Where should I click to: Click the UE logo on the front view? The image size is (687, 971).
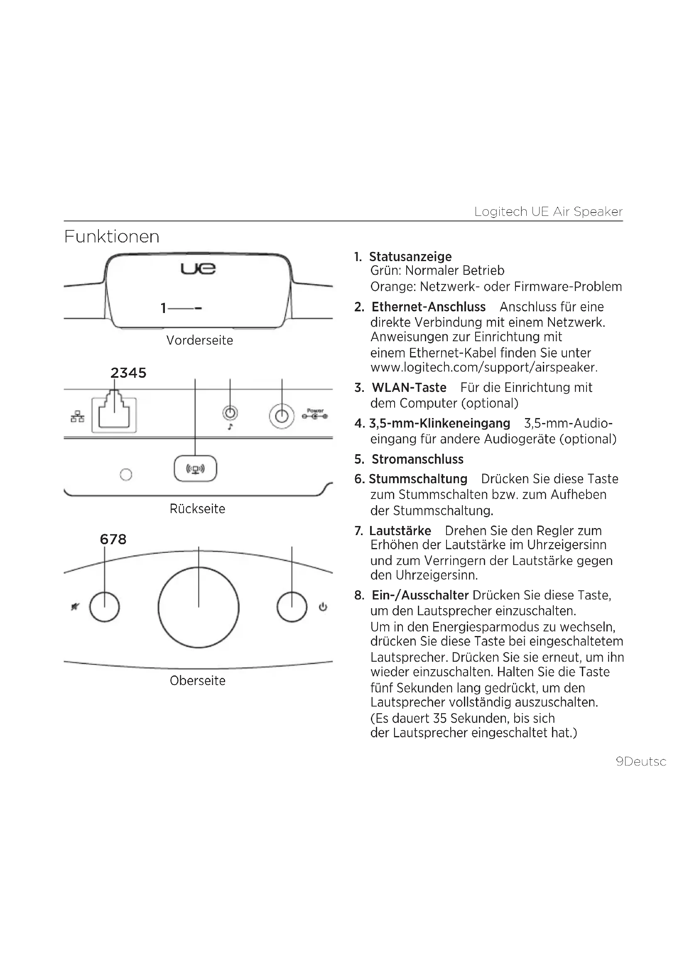[x=198, y=268]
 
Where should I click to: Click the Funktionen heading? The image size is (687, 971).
[x=112, y=237]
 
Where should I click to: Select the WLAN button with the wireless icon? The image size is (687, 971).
[x=196, y=469]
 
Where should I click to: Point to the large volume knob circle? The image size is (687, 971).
[x=199, y=608]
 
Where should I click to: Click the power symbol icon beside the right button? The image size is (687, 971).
[x=323, y=607]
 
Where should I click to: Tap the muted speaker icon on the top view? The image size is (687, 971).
[x=75, y=607]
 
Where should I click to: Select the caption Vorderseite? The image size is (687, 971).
[x=199, y=340]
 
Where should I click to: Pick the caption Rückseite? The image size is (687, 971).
[x=197, y=509]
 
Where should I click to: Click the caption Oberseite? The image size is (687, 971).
[x=198, y=680]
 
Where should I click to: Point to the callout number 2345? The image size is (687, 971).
[x=128, y=373]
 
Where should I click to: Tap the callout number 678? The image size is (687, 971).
[x=113, y=539]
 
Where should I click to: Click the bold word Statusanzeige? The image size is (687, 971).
[x=410, y=257]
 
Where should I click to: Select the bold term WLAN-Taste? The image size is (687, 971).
[x=409, y=387]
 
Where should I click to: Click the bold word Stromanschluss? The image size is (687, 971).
[x=417, y=459]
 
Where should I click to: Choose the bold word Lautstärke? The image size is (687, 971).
[x=400, y=531]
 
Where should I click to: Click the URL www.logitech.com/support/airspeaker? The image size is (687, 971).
[x=483, y=367]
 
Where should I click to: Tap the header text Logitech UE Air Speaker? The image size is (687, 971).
[x=548, y=211]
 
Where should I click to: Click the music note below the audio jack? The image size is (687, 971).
[x=230, y=427]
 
